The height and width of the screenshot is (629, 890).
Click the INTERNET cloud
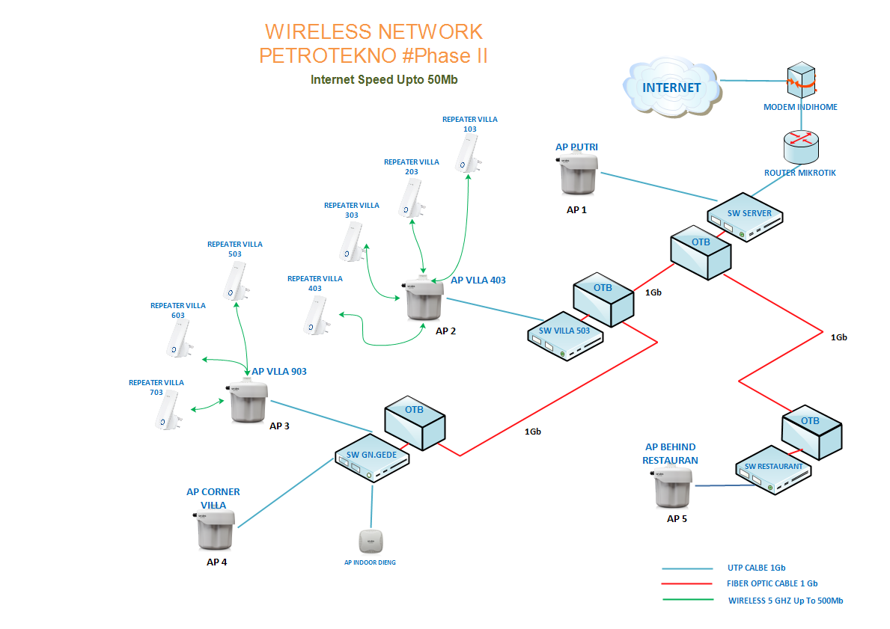[x=671, y=88]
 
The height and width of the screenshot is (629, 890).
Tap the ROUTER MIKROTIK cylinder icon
[x=800, y=147]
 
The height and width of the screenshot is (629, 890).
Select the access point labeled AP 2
[x=425, y=301]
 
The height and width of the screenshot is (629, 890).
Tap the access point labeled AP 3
[x=249, y=403]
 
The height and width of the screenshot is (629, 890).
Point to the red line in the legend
[x=687, y=584]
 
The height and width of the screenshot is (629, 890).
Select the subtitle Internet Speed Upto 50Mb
[x=384, y=79]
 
